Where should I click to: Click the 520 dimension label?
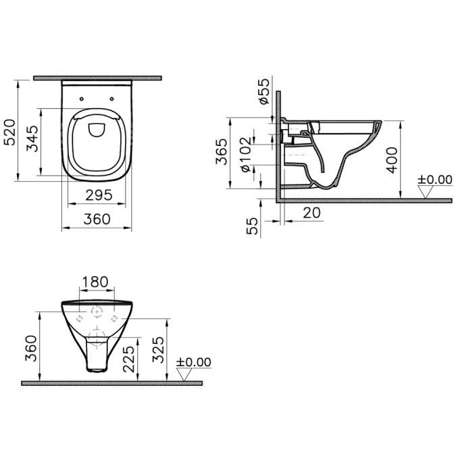pos(9,132)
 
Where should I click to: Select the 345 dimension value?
pos(32,138)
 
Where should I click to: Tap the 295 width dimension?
pos(99,195)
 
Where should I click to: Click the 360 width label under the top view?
pos(97,219)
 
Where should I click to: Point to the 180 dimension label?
pos(95,282)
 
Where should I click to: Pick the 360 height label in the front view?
pos(31,349)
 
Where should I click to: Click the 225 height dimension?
pos(129,359)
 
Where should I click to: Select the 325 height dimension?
pos(159,349)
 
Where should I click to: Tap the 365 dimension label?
pos(222,151)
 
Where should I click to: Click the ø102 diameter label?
pos(246,154)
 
